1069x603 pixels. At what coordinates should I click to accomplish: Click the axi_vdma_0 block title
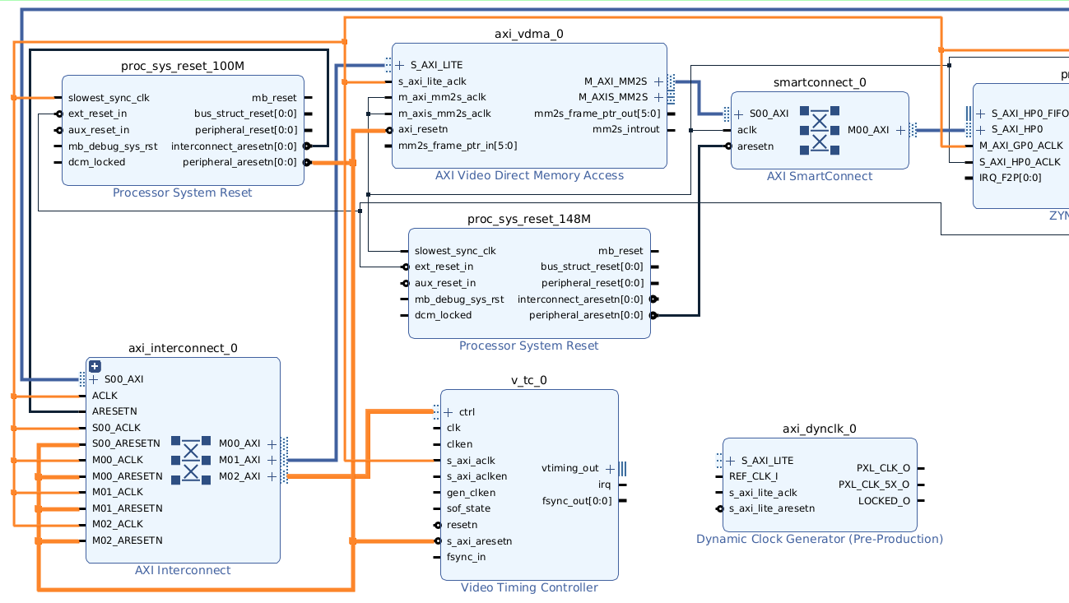point(529,34)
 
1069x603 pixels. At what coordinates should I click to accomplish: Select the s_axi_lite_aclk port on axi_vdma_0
point(432,81)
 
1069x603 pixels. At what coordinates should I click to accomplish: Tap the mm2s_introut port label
point(626,129)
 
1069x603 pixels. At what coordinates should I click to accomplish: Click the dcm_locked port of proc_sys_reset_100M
point(97,162)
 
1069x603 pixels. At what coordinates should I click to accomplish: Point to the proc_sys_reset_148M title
point(529,219)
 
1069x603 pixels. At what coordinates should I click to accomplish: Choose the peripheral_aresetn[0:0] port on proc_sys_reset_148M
point(586,315)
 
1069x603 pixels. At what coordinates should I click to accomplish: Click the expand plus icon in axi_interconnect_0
point(95,366)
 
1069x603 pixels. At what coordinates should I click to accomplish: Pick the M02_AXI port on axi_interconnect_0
point(239,476)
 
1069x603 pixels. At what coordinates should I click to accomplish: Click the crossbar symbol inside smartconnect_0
point(820,130)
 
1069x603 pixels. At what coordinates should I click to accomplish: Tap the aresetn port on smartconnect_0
point(755,146)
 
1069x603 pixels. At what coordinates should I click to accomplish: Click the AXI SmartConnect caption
point(820,176)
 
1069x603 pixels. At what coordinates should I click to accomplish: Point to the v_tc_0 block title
point(529,380)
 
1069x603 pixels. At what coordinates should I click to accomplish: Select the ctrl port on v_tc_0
point(467,412)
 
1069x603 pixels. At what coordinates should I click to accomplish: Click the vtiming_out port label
point(570,468)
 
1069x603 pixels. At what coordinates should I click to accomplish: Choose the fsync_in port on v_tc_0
point(466,557)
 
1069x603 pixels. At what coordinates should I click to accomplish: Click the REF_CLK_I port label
point(753,476)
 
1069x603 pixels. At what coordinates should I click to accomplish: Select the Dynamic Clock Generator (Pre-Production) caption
point(820,539)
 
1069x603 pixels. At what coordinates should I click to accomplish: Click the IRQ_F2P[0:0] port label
point(1011,178)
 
